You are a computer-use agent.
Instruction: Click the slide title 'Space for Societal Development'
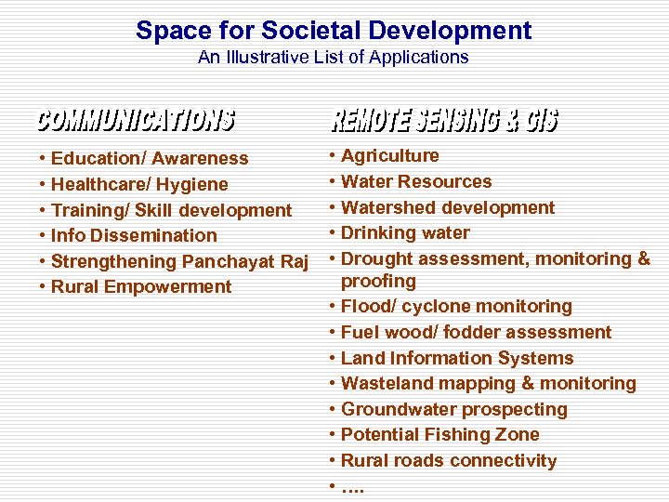click(334, 30)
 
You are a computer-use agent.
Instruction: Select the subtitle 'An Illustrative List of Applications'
click(334, 58)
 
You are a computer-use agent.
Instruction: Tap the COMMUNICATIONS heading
click(136, 120)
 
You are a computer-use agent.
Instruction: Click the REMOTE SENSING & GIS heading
click(444, 121)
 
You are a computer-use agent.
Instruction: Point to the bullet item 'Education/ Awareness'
click(150, 159)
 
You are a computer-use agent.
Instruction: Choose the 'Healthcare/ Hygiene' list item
click(139, 184)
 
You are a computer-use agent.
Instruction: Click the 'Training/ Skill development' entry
click(171, 210)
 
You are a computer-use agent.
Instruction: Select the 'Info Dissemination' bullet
click(134, 236)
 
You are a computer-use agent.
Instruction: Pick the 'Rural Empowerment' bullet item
click(141, 287)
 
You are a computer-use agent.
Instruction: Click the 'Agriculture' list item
click(390, 156)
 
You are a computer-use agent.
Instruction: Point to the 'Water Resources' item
click(416, 182)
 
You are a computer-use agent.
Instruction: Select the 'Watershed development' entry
click(448, 208)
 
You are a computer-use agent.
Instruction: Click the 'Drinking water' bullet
click(405, 233)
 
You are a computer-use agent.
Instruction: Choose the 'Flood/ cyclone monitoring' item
click(456, 307)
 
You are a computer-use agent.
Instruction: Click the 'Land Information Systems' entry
click(457, 358)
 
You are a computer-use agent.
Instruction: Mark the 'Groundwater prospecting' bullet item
click(453, 409)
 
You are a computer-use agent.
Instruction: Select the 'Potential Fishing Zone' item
click(439, 435)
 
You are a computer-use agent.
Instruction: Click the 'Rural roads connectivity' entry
click(449, 461)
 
